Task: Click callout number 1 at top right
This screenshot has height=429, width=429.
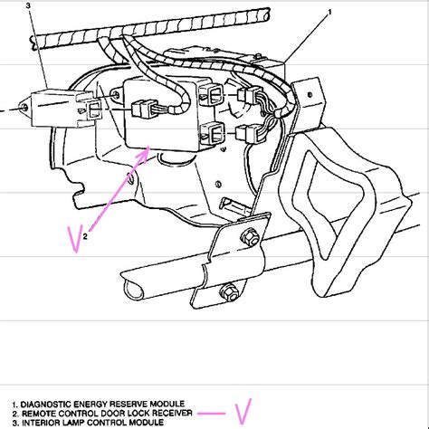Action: click(329, 12)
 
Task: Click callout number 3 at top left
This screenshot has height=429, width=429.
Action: click(28, 5)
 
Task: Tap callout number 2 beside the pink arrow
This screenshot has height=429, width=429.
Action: click(85, 236)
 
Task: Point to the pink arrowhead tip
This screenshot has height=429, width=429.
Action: click(149, 147)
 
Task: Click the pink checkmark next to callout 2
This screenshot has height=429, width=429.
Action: click(75, 239)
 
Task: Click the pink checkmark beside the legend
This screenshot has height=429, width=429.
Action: click(243, 412)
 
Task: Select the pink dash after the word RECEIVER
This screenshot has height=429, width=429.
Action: click(211, 414)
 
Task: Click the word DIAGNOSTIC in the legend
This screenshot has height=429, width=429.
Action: click(45, 405)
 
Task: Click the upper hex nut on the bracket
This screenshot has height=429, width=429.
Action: click(250, 236)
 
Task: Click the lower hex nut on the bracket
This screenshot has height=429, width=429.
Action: click(230, 292)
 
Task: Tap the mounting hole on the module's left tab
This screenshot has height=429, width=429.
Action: click(24, 108)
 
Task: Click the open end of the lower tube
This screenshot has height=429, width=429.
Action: click(134, 289)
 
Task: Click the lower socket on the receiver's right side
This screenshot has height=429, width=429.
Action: click(213, 132)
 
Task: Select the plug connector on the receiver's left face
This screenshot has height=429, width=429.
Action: click(143, 109)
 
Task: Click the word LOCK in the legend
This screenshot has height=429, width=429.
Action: click(136, 413)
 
